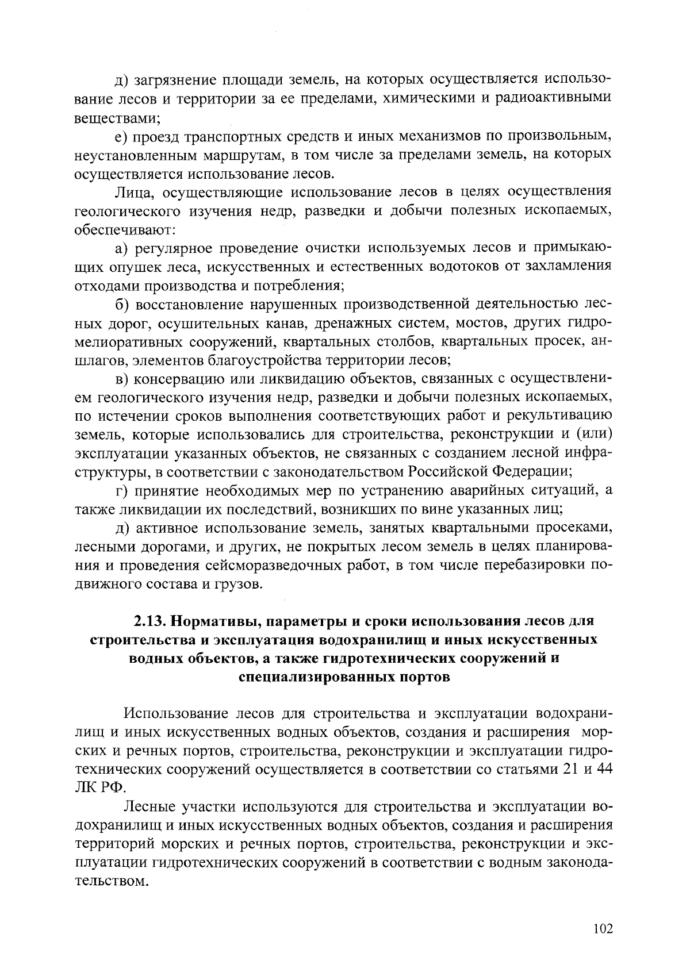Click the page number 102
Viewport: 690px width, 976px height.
pyautogui.click(x=603, y=929)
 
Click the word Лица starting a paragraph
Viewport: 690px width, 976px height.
pyautogui.click(x=133, y=192)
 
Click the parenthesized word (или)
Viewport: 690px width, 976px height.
pyautogui.click(x=593, y=436)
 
